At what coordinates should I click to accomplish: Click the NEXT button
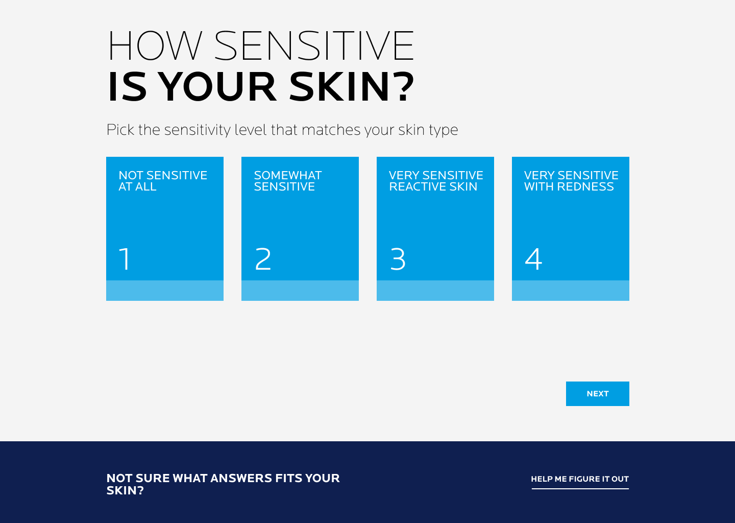(598, 394)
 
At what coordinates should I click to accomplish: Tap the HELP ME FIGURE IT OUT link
(580, 479)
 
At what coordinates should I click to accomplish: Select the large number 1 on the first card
(125, 259)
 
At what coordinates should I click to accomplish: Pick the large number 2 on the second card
(263, 259)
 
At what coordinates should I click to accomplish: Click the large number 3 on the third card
(398, 259)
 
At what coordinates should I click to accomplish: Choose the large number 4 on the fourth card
(533, 259)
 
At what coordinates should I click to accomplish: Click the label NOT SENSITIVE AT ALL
(163, 181)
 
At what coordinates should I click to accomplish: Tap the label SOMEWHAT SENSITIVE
(288, 181)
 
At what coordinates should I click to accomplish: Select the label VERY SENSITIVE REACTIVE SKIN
(436, 181)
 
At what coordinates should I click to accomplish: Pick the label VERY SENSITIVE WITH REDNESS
(571, 181)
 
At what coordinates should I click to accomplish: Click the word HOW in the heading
(155, 45)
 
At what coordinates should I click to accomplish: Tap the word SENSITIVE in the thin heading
(314, 45)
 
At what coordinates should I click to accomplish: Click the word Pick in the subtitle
(120, 130)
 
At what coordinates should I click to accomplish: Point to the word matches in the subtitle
(331, 130)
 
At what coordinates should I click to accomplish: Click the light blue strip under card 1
(165, 291)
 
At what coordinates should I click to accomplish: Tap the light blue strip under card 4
(571, 291)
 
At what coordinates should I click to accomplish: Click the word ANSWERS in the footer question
(241, 479)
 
